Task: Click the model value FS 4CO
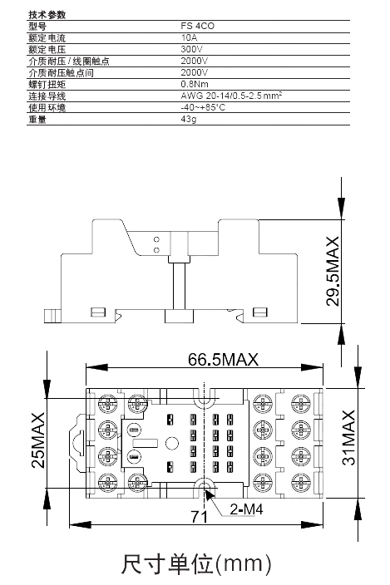pyautogui.click(x=197, y=26)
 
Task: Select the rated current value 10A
pyautogui.click(x=189, y=37)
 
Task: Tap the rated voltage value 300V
pyautogui.click(x=191, y=49)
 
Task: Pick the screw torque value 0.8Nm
pyautogui.click(x=195, y=84)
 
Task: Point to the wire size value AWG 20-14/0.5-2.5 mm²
pyautogui.click(x=231, y=96)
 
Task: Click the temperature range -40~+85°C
pyautogui.click(x=203, y=107)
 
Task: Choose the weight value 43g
pyautogui.click(x=189, y=119)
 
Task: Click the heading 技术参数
pyautogui.click(x=47, y=15)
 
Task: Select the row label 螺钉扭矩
pyautogui.click(x=47, y=84)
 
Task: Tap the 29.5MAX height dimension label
pyautogui.click(x=333, y=271)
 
